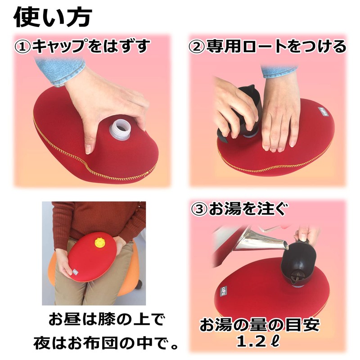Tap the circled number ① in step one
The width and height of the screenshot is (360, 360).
click(24, 47)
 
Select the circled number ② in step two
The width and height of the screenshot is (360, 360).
click(197, 47)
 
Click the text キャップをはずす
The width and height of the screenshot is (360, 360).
click(90, 47)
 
